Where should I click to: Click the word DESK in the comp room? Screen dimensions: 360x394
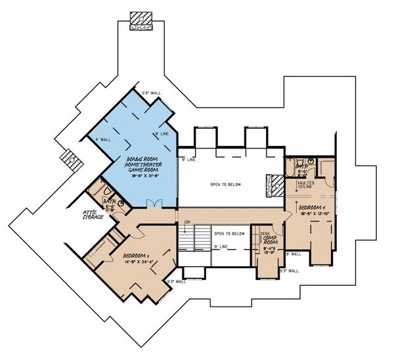[265, 233]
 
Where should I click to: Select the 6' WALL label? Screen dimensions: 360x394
[293, 254]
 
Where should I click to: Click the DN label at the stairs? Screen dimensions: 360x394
[187, 223]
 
